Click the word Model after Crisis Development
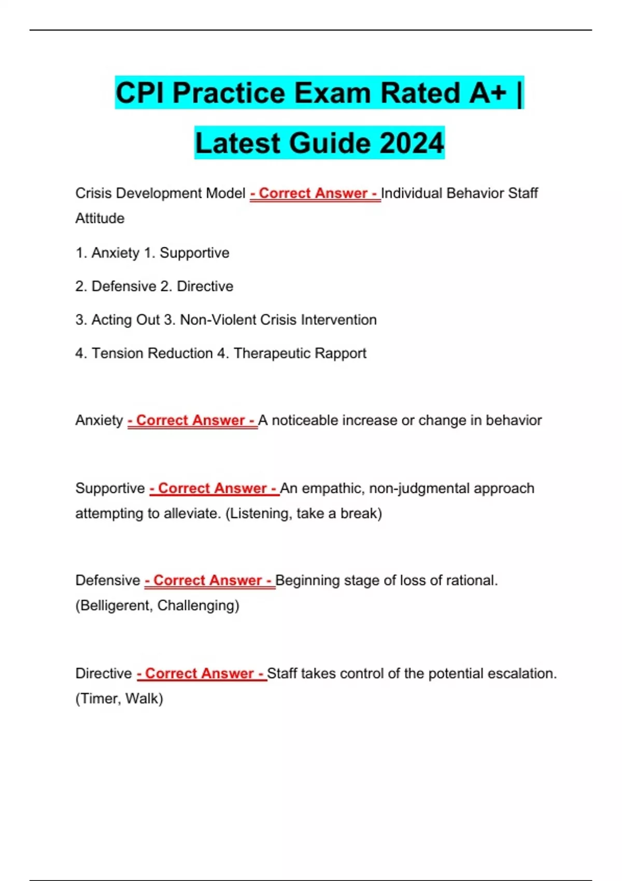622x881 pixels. coord(225,193)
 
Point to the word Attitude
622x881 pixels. coord(100,218)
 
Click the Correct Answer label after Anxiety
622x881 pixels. coord(192,420)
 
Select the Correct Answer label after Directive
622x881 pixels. coord(202,673)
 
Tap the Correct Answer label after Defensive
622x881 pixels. coord(209,580)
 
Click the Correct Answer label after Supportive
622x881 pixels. coord(214,488)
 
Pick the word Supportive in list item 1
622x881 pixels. coord(194,253)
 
